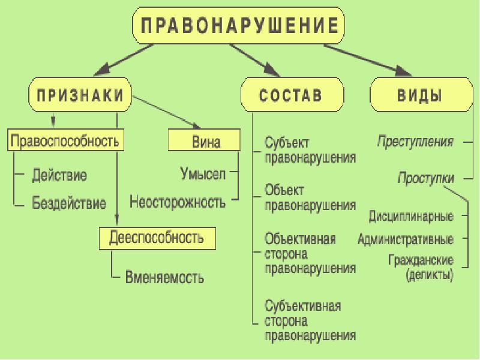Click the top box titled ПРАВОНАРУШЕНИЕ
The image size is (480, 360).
pyautogui.click(x=238, y=25)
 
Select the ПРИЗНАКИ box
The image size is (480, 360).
pyautogui.click(x=80, y=95)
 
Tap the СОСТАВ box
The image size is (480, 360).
pyautogui.click(x=292, y=95)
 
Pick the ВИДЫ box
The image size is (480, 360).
pyautogui.click(x=422, y=95)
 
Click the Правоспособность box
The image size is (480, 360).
pyautogui.click(x=65, y=140)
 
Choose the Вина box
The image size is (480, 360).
pyautogui.click(x=204, y=140)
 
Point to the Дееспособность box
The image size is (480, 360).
pyautogui.click(x=157, y=238)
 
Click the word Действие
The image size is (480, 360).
pyautogui.click(x=59, y=175)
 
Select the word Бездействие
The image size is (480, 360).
pyautogui.click(x=69, y=203)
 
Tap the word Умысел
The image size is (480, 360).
pyautogui.click(x=203, y=173)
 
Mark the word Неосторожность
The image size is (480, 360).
pyautogui.click(x=178, y=202)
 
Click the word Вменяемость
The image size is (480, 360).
pyautogui.click(x=164, y=277)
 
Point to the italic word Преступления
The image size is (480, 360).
pyautogui.click(x=415, y=142)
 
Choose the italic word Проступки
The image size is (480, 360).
pyautogui.click(x=426, y=178)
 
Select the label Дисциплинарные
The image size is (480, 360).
pyautogui.click(x=411, y=216)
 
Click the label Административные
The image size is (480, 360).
pyautogui.click(x=406, y=239)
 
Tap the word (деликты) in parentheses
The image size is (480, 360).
pyautogui.click(x=430, y=275)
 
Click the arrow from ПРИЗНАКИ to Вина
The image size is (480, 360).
pyautogui.click(x=167, y=112)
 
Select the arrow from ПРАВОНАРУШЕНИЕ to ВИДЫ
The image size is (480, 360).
pyautogui.click(x=368, y=60)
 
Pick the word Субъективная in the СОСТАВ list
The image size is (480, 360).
pyautogui.click(x=303, y=306)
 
